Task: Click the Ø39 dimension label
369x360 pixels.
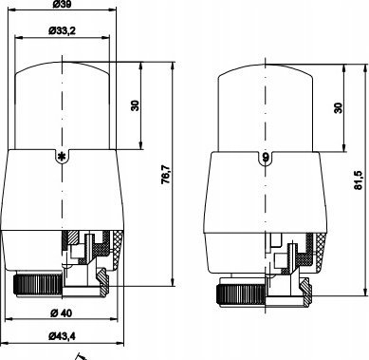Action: pyautogui.click(x=62, y=4)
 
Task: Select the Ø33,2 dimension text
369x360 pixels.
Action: pyautogui.click(x=62, y=30)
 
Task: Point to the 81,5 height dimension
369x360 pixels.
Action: pyautogui.click(x=358, y=180)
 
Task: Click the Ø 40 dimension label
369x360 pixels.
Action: pyautogui.click(x=61, y=313)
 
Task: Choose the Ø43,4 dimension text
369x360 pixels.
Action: pyautogui.click(x=62, y=336)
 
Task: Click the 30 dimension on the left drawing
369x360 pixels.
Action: pyautogui.click(x=135, y=105)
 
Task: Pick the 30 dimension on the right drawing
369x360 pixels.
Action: pyautogui.click(x=338, y=107)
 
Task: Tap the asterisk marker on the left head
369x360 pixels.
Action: pyautogui.click(x=63, y=156)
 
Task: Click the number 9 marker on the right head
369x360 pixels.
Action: pyautogui.click(x=266, y=157)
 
